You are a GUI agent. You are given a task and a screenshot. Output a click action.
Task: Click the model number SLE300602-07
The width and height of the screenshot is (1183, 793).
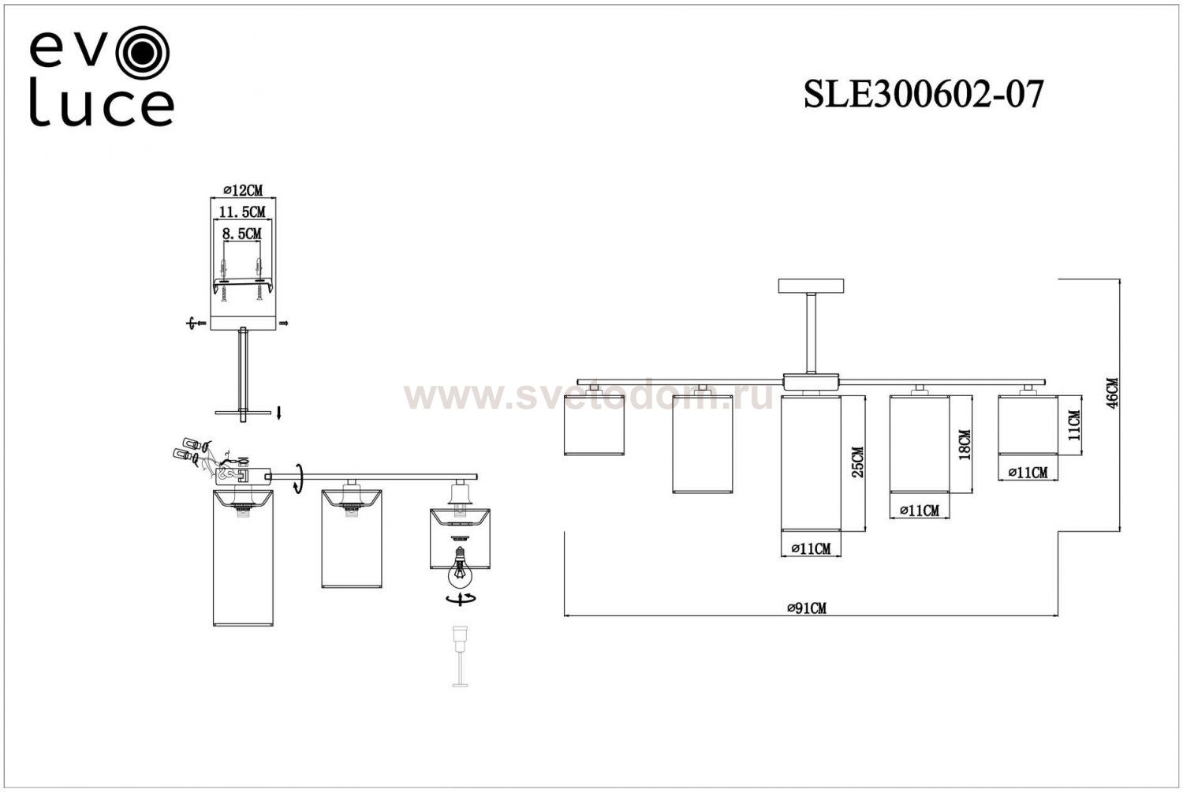(923, 95)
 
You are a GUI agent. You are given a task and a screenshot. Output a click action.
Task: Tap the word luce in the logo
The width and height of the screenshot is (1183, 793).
(102, 109)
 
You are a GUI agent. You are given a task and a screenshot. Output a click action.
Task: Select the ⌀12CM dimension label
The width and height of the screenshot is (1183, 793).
(242, 190)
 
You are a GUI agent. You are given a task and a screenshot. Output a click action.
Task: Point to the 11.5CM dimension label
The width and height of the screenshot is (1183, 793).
(242, 211)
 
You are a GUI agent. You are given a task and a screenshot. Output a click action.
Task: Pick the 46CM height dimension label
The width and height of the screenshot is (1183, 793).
(1111, 392)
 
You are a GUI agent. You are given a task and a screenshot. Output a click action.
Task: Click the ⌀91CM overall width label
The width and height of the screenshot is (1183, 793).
(806, 608)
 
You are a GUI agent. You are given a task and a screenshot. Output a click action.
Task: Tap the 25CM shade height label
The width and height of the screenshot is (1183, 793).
(858, 462)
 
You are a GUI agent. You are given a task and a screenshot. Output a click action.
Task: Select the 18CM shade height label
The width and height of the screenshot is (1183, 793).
(964, 445)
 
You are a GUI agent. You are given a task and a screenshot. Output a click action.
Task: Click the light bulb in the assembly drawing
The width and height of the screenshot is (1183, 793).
(460, 566)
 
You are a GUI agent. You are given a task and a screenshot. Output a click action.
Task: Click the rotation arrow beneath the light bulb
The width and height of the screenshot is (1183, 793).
(460, 600)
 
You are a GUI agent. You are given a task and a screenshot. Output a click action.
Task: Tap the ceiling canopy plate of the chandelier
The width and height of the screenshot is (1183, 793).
(810, 286)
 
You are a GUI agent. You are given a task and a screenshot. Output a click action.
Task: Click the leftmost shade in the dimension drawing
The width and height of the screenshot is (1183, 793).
(594, 423)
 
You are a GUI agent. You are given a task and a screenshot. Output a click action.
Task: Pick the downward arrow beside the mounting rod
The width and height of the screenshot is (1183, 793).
(278, 412)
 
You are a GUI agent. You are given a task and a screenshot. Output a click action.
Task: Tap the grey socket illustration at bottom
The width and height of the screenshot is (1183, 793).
(460, 655)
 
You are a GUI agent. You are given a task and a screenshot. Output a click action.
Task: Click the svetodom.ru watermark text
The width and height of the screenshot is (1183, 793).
(588, 396)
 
